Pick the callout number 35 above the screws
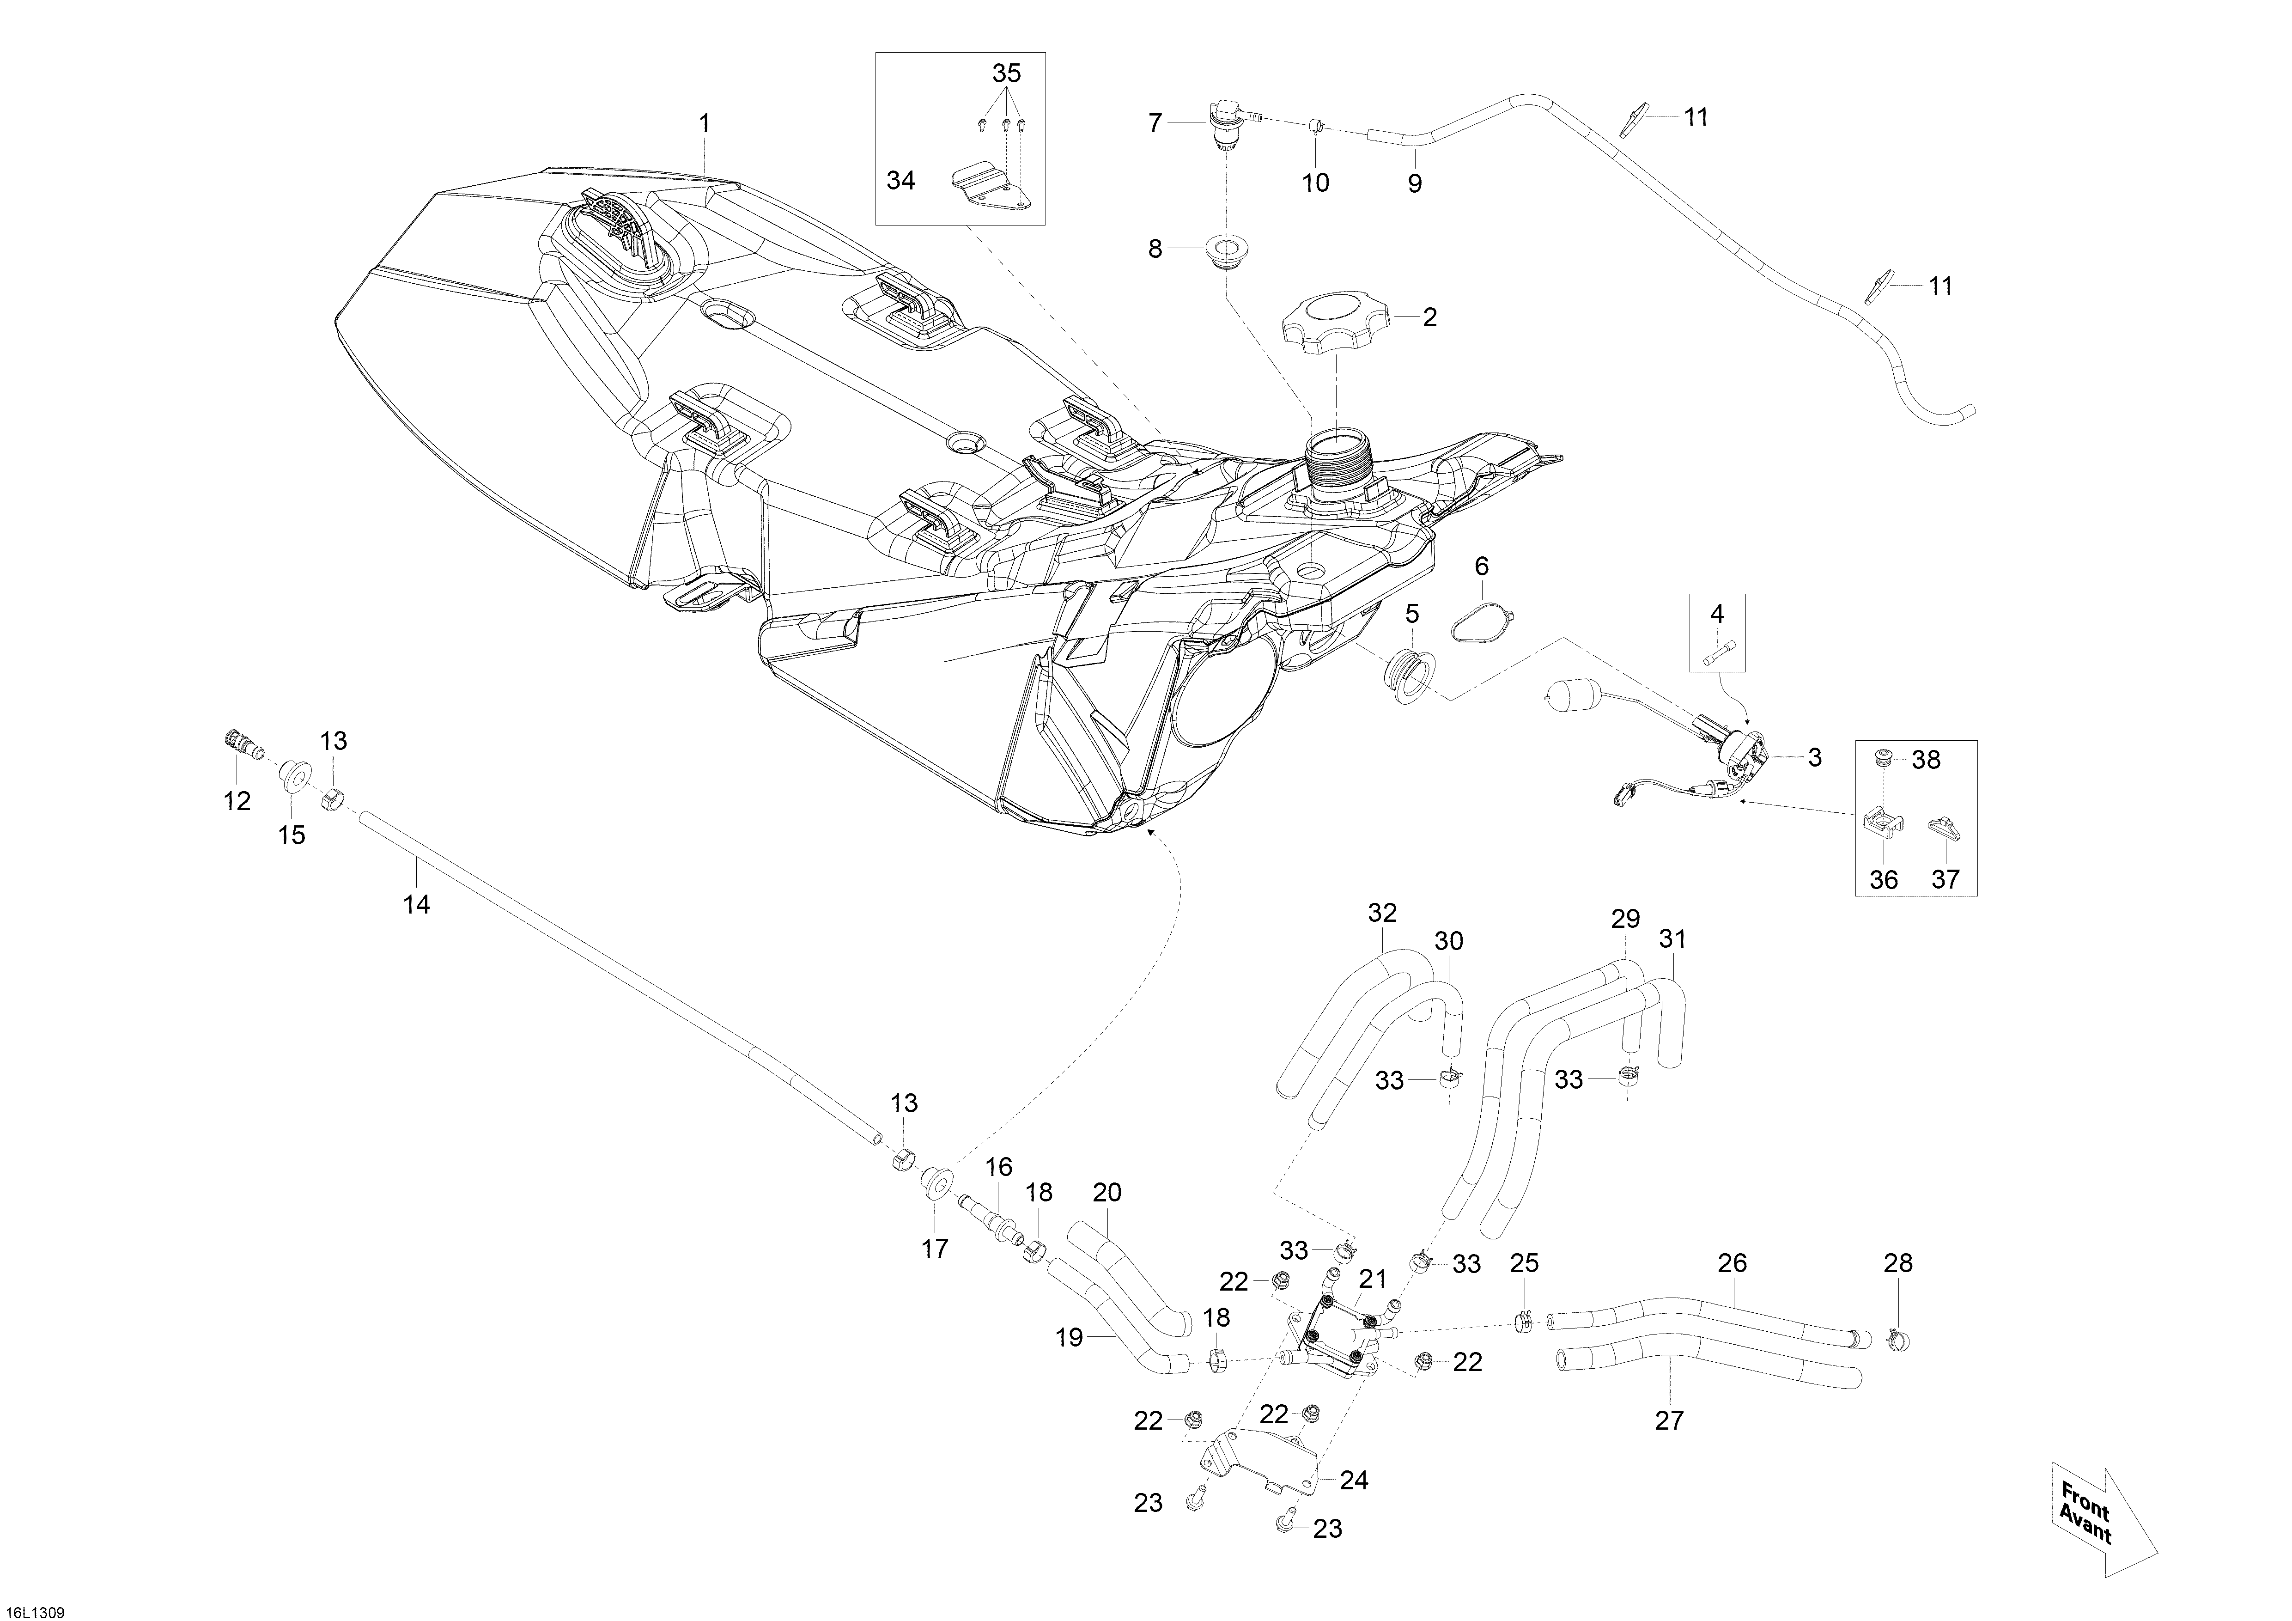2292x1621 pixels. (x=1006, y=73)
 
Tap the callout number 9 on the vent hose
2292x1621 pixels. (x=1415, y=183)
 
